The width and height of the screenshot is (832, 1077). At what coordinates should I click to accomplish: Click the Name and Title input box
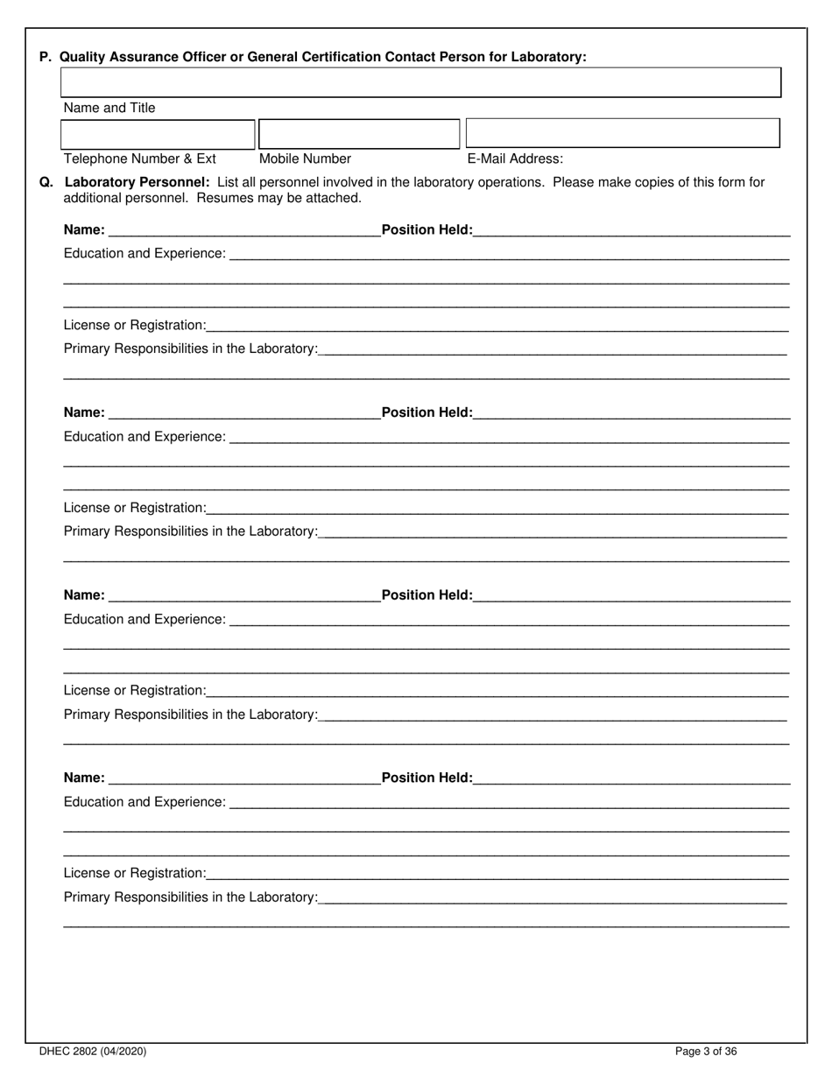tap(420, 82)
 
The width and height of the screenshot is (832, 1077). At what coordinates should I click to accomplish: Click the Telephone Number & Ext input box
tap(158, 134)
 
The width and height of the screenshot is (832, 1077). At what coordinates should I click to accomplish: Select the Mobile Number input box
tap(359, 134)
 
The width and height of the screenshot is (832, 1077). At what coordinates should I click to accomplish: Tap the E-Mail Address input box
tap(622, 133)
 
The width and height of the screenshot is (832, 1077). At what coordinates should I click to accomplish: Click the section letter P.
tap(45, 57)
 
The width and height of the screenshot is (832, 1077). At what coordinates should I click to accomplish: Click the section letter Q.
tap(46, 182)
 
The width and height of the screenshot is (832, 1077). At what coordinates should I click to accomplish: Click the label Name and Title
tap(109, 108)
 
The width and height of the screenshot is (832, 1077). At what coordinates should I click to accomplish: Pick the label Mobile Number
tap(305, 158)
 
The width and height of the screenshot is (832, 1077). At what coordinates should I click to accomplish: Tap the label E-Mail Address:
tap(515, 158)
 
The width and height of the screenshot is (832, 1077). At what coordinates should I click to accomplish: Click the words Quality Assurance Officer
tap(138, 57)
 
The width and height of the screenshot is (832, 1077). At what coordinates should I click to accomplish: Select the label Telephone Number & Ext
tap(140, 158)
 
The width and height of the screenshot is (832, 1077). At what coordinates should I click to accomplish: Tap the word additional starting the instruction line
tap(95, 198)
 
